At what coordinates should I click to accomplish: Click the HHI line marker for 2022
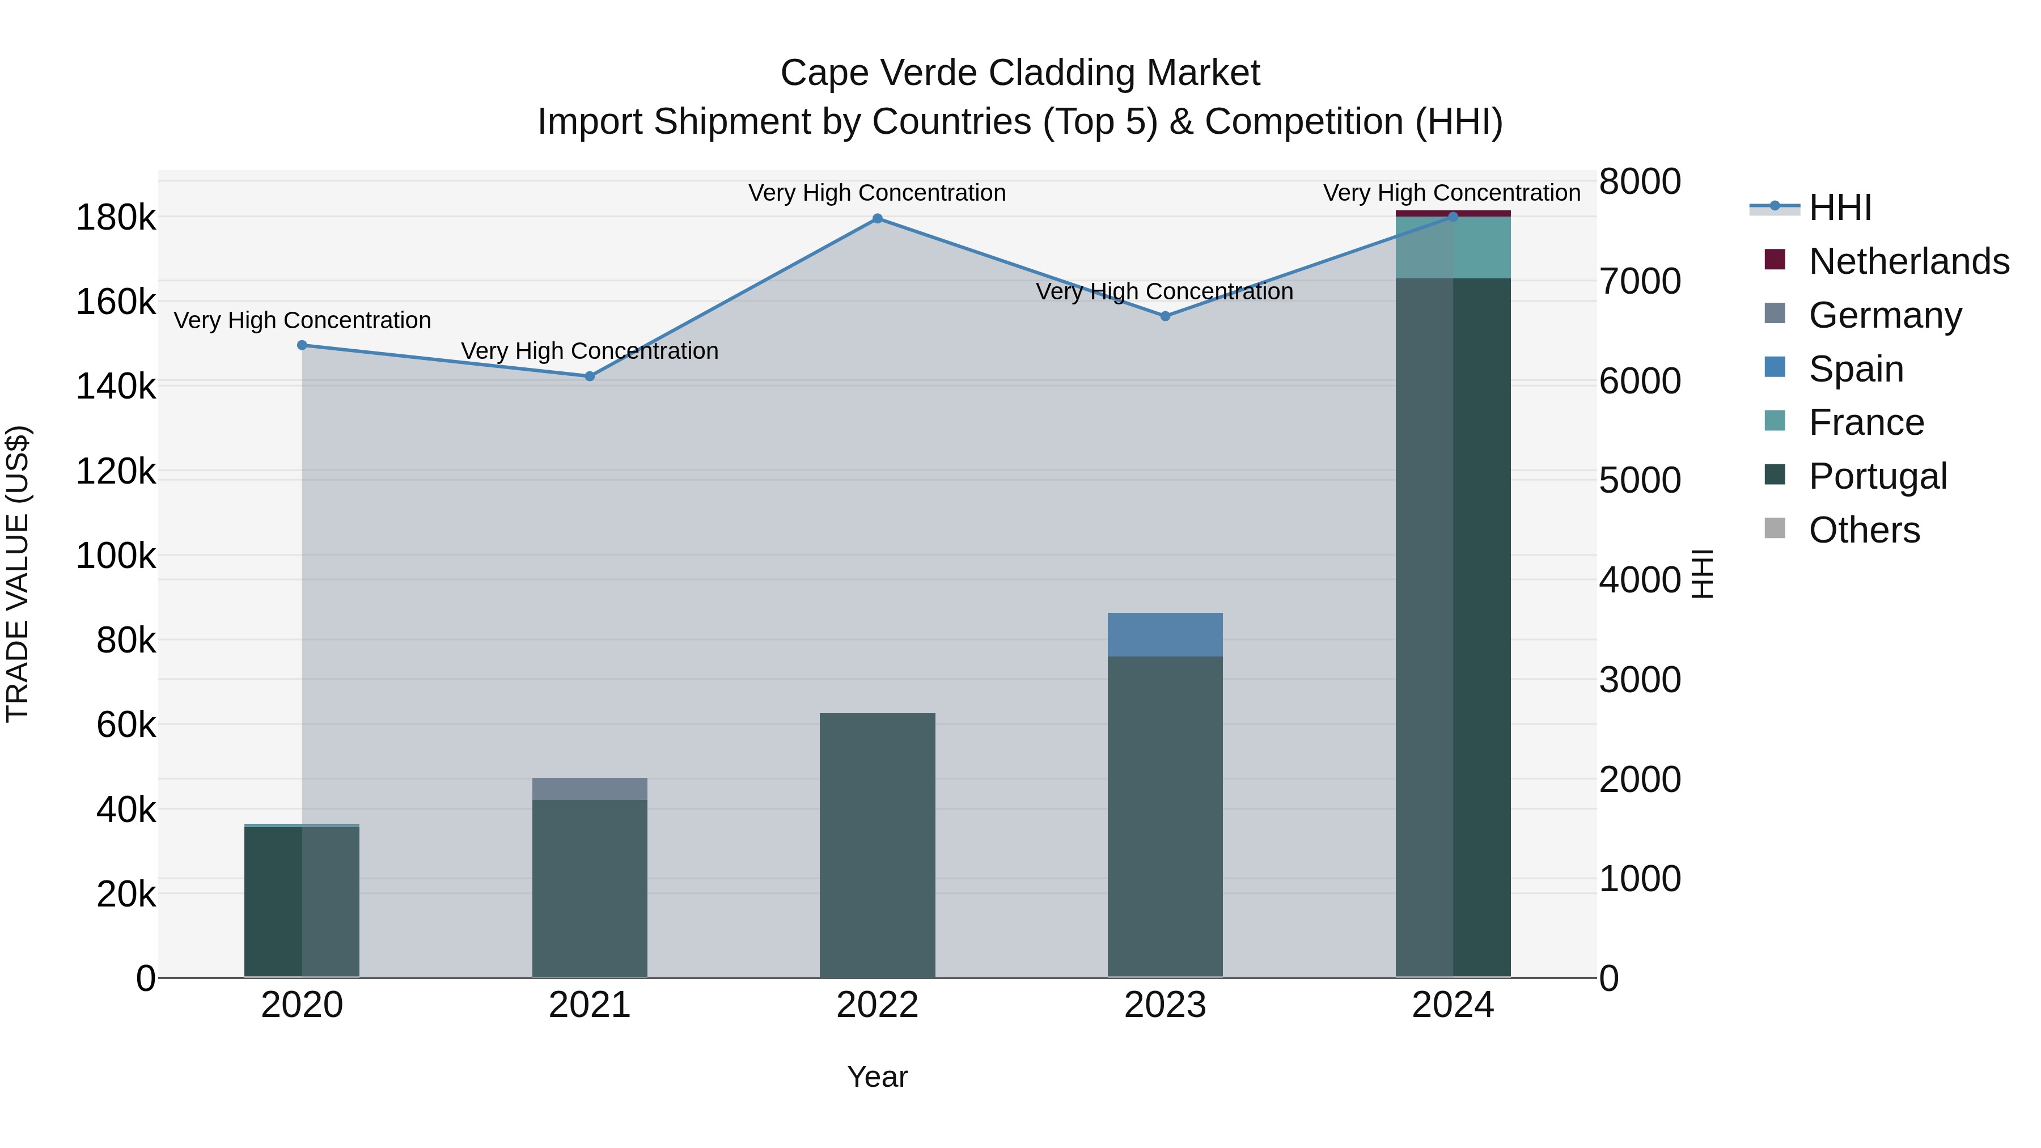tap(877, 219)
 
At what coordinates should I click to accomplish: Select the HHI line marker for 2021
tap(590, 376)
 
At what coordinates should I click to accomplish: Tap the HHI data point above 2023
tap(1165, 316)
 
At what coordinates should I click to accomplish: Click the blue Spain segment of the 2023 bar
tap(1165, 634)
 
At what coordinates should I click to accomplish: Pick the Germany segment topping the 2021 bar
tap(590, 789)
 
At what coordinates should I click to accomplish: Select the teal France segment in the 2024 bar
tap(1453, 248)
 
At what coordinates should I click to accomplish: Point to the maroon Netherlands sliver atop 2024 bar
tap(1453, 213)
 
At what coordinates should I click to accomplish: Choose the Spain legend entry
tap(1856, 369)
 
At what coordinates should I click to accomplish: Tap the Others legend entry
tap(1864, 530)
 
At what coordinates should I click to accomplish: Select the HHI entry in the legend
tap(1840, 207)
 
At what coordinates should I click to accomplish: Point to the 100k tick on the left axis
tap(116, 556)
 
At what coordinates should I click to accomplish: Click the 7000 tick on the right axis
tap(1639, 281)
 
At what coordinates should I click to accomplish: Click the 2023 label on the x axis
tap(1165, 1005)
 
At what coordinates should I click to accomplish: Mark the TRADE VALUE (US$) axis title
tap(18, 574)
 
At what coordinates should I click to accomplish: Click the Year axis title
tap(877, 1077)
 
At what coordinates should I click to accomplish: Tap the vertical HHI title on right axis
tap(1702, 574)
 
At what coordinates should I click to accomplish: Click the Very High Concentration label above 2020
tap(302, 320)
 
